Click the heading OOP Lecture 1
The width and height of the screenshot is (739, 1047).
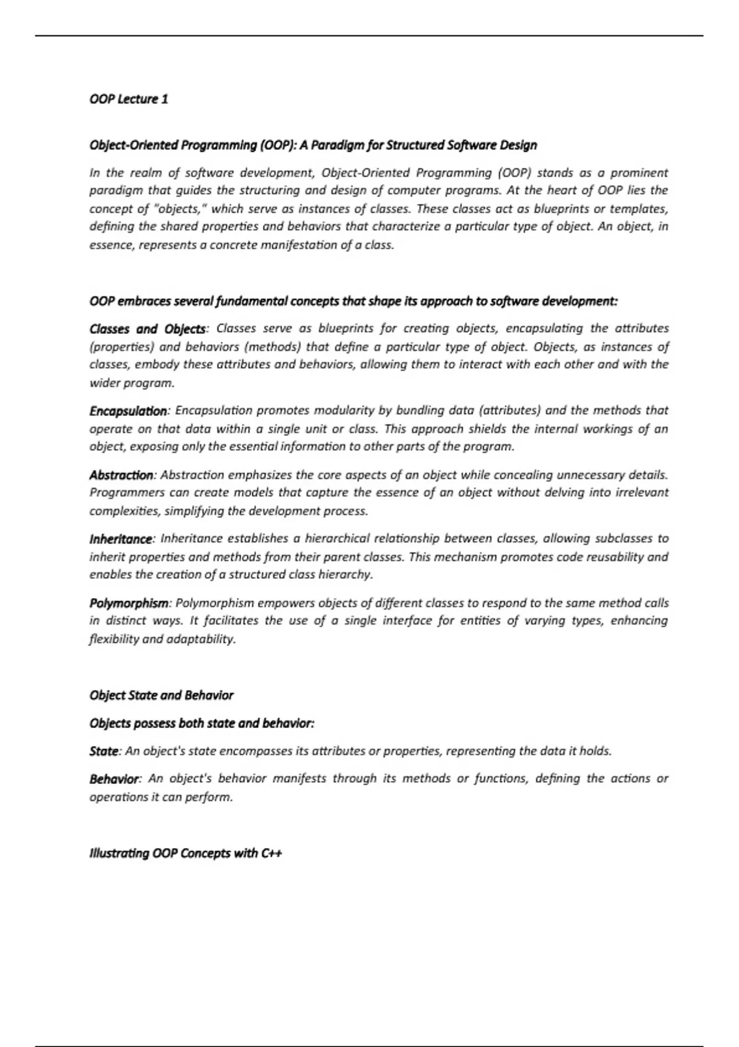click(x=129, y=99)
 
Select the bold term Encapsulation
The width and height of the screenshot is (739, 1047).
click(x=127, y=411)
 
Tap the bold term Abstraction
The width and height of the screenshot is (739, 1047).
click(x=121, y=475)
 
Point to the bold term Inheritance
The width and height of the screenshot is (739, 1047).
click(x=120, y=539)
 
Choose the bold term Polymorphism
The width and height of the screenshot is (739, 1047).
click(x=128, y=603)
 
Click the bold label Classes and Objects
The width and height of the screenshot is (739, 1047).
click(x=147, y=329)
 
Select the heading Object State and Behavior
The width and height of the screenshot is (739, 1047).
click(x=161, y=695)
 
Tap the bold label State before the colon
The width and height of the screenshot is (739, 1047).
click(x=103, y=751)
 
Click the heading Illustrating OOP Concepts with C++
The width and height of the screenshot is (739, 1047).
click(x=185, y=854)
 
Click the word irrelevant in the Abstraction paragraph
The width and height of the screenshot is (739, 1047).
click(x=642, y=493)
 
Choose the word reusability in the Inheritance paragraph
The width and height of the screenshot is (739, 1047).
click(x=610, y=557)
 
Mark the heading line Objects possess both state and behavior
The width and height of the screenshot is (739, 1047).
click(x=201, y=723)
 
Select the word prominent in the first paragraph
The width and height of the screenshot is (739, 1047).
click(x=639, y=173)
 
